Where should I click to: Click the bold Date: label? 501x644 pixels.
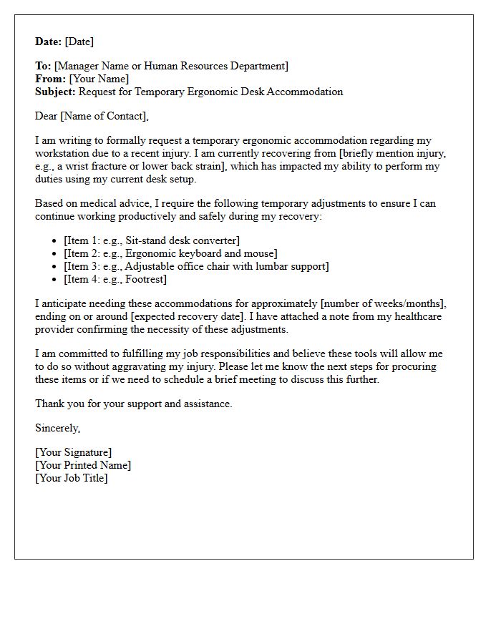pyautogui.click(x=49, y=42)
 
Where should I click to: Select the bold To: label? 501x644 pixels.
pyautogui.click(x=43, y=66)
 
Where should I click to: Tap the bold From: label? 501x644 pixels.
pyautogui.click(x=50, y=79)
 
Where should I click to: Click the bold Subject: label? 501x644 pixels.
pyautogui.click(x=56, y=92)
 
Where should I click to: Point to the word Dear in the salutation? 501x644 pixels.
pyautogui.click(x=47, y=116)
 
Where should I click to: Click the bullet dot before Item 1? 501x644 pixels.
pyautogui.click(x=56, y=241)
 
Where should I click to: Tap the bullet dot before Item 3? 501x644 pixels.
pyautogui.click(x=56, y=267)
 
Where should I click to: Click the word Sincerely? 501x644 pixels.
pyautogui.click(x=57, y=428)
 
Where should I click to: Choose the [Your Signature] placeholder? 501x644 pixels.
pyautogui.click(x=74, y=452)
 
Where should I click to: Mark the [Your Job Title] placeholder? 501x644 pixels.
pyautogui.click(x=72, y=478)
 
